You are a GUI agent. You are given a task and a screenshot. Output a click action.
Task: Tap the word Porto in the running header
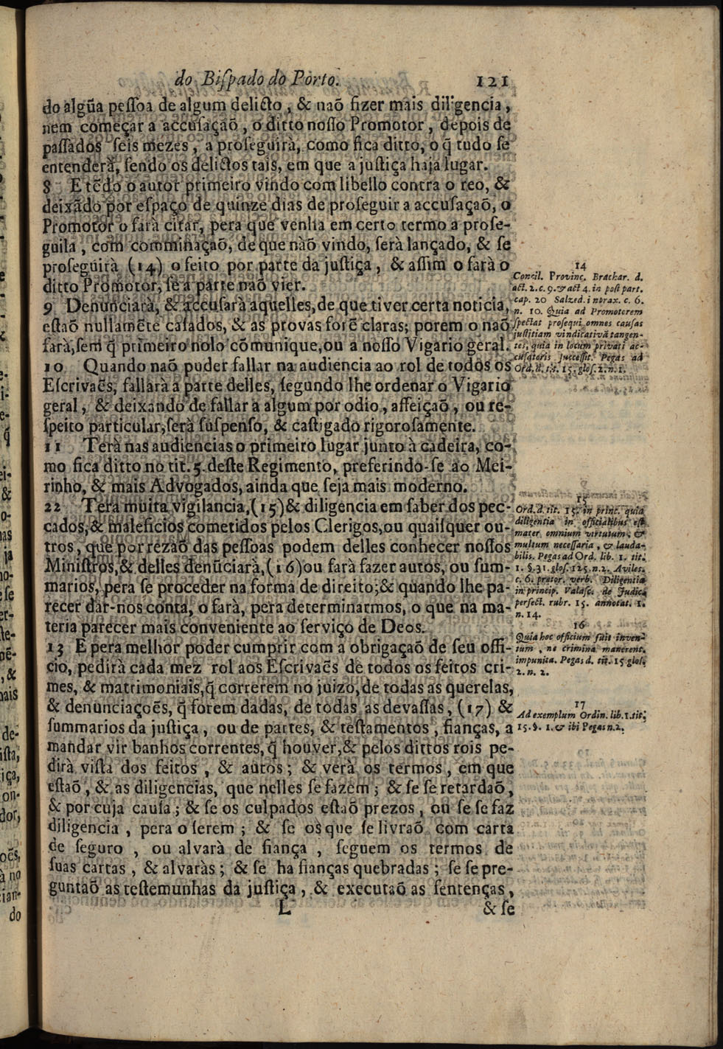coord(313,79)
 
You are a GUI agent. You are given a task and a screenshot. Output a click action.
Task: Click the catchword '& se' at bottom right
coord(497,909)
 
